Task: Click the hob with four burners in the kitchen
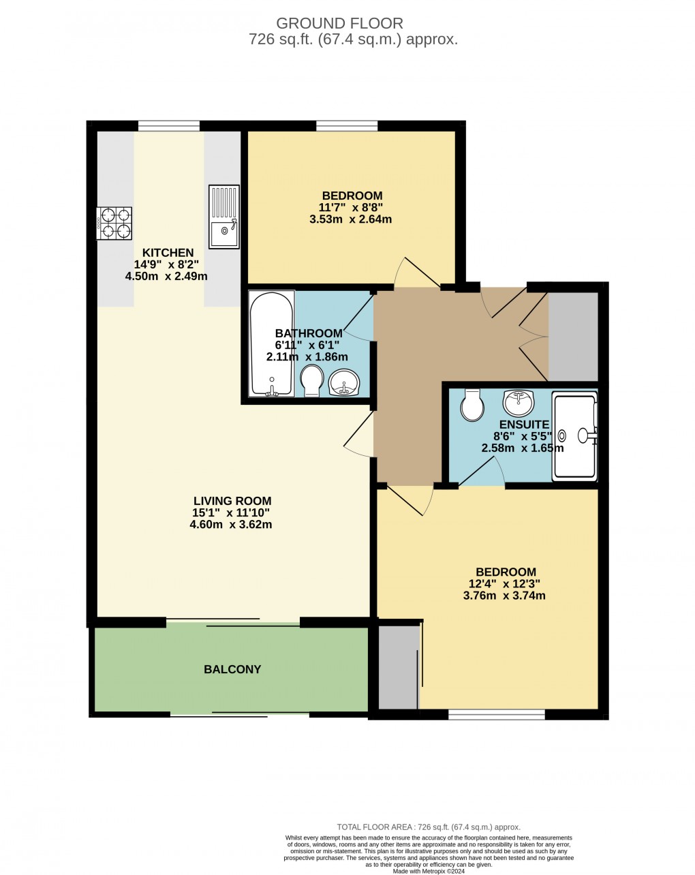pyautogui.click(x=114, y=223)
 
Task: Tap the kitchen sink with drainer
pyautogui.click(x=223, y=216)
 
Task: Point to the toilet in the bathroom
pyautogui.click(x=312, y=380)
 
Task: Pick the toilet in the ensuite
pyautogui.click(x=472, y=404)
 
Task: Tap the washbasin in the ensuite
pyautogui.click(x=519, y=403)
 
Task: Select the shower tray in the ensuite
pyautogui.click(x=574, y=436)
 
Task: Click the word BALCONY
pyautogui.click(x=232, y=669)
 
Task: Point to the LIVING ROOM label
pyautogui.click(x=232, y=501)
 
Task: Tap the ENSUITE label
pyautogui.click(x=524, y=425)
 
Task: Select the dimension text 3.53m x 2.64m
pyautogui.click(x=350, y=219)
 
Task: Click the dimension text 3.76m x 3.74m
pyautogui.click(x=504, y=596)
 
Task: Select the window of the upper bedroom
pyautogui.click(x=347, y=125)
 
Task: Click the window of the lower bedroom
pyautogui.click(x=497, y=714)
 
